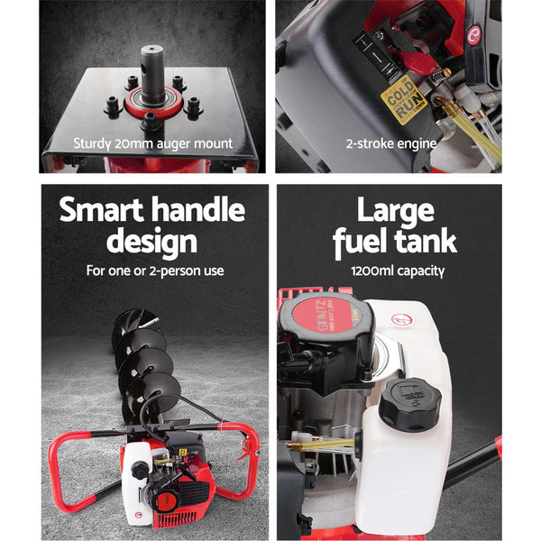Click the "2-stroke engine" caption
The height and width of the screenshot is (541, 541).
point(390,142)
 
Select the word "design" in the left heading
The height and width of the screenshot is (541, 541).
point(151,242)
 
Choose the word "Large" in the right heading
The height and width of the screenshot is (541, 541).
point(394,211)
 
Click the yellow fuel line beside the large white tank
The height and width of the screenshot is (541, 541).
point(325,443)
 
